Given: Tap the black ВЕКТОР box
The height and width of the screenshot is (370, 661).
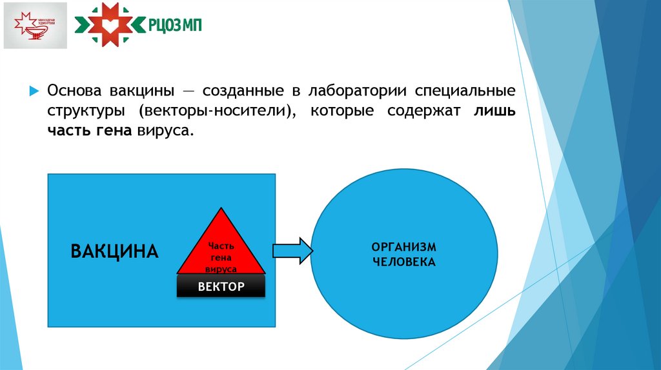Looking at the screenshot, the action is (221, 286).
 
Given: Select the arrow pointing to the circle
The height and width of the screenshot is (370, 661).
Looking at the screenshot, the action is (292, 250).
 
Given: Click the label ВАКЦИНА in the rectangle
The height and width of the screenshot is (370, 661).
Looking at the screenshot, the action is (114, 251).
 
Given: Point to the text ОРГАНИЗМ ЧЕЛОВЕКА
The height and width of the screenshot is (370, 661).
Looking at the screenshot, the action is (404, 255).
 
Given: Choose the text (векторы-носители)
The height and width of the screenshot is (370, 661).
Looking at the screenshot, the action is (217, 110).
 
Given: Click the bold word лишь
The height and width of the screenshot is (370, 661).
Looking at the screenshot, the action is (495, 110).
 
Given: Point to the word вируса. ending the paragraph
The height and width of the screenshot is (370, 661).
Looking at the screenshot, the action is (165, 130).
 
